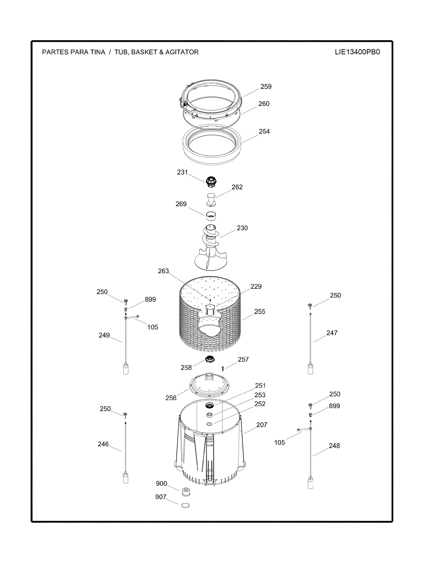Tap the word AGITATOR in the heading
pos(182,52)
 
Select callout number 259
pos(266,87)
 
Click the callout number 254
pos(264,131)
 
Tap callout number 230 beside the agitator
pos(242,228)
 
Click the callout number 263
pos(163,271)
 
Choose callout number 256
pos(171,398)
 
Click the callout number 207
pos(262,425)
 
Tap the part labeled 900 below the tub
pos(186,492)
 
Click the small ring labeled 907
pos(185,505)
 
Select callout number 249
pos(104,335)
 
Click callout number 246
pos(103,444)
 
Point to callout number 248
pos(334,446)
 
